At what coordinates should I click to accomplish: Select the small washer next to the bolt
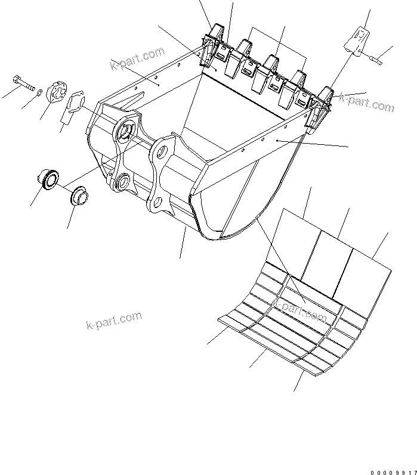39,91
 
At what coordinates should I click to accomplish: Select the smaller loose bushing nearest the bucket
79,196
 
